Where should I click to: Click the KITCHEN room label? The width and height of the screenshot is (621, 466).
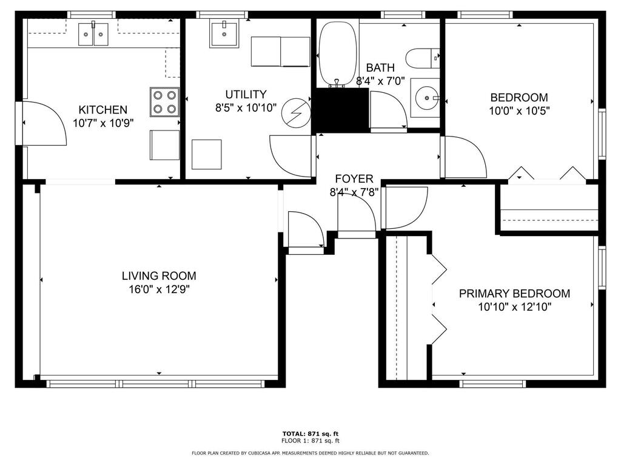(x=103, y=110)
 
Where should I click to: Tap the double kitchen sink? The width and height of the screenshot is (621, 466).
(x=93, y=34)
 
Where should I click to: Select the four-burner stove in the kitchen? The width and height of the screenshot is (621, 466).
(x=164, y=102)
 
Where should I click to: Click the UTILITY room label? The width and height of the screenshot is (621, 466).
(x=246, y=94)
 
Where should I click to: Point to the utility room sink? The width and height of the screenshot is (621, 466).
(x=224, y=35)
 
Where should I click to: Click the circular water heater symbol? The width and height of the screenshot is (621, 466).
(x=295, y=113)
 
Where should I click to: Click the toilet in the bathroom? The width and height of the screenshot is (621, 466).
(x=423, y=58)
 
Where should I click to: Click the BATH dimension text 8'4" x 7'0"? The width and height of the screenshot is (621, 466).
(x=380, y=81)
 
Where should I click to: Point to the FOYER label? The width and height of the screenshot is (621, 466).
(x=354, y=179)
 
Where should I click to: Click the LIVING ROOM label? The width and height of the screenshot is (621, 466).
(x=159, y=276)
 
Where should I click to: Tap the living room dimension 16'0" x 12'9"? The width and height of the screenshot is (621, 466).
(x=159, y=289)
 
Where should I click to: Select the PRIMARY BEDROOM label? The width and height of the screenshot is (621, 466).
(x=514, y=294)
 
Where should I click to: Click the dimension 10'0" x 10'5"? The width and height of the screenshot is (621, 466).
(x=519, y=110)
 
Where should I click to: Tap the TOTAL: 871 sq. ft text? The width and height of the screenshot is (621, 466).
(x=310, y=434)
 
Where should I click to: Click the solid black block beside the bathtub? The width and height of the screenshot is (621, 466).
(x=340, y=110)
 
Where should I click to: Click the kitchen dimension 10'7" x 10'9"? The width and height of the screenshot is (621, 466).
(x=103, y=123)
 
